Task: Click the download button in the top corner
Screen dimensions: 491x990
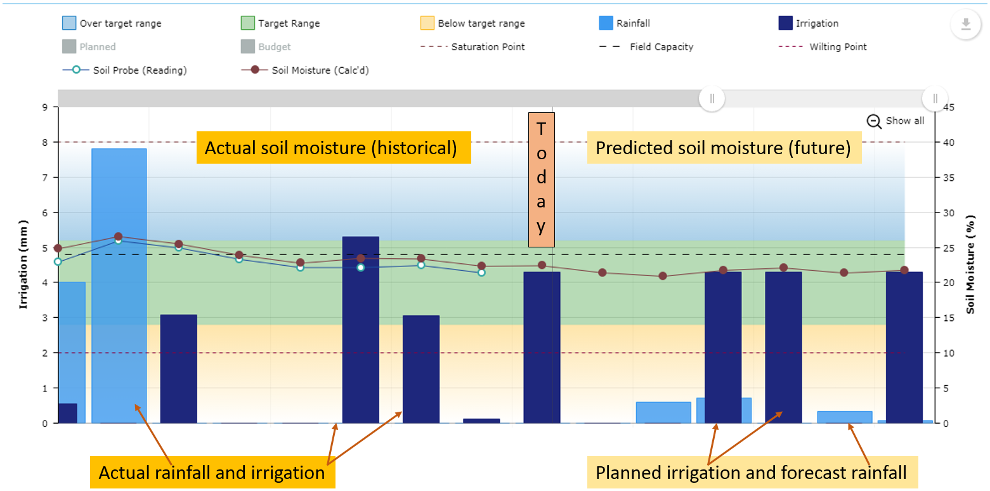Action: pyautogui.click(x=965, y=25)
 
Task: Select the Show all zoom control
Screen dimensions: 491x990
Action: pyautogui.click(x=896, y=121)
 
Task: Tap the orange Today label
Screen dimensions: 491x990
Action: pyautogui.click(x=541, y=180)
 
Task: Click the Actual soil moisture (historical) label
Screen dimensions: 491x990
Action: pyautogui.click(x=334, y=148)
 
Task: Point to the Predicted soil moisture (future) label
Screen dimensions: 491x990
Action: pyautogui.click(x=724, y=148)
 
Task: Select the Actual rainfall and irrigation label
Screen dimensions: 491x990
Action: pyautogui.click(x=212, y=473)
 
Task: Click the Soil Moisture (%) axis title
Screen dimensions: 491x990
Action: pyautogui.click(x=970, y=264)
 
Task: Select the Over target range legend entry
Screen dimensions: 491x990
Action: pyautogui.click(x=120, y=23)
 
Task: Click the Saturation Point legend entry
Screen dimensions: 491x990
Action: pyautogui.click(x=487, y=47)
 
